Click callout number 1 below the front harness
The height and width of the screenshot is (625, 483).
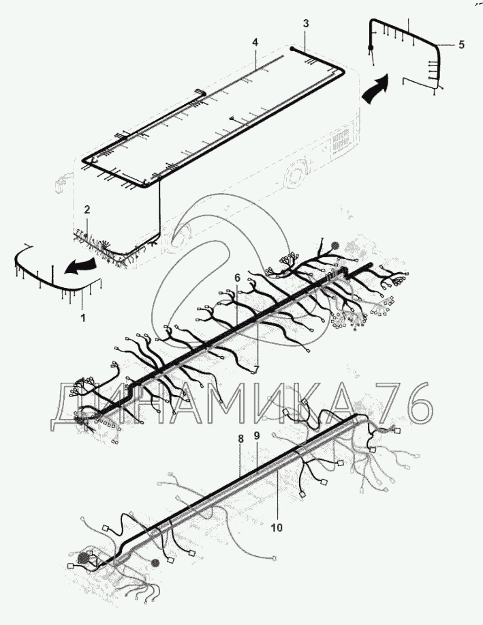click(x=83, y=318)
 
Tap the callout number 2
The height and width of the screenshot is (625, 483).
click(x=87, y=210)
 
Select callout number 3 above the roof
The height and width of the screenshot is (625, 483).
click(x=306, y=23)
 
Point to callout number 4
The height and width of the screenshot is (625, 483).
click(x=255, y=42)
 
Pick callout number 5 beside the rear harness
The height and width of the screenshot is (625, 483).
click(x=461, y=45)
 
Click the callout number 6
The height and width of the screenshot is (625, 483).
click(x=237, y=278)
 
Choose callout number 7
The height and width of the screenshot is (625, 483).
click(x=257, y=369)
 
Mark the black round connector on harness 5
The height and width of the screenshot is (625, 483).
click(x=371, y=47)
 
